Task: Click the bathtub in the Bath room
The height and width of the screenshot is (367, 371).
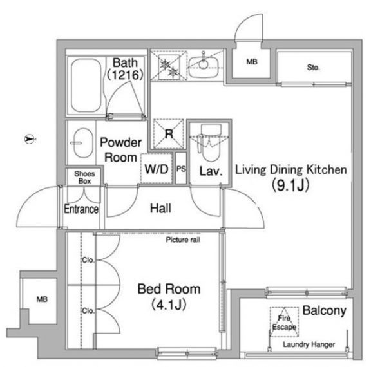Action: pyautogui.click(x=86, y=86)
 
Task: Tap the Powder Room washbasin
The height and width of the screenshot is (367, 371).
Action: pyautogui.click(x=82, y=143)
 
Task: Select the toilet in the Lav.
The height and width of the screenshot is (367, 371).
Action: pyautogui.click(x=210, y=141)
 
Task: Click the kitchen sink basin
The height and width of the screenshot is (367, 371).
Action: pyautogui.click(x=204, y=67)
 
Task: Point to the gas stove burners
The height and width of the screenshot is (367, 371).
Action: pyautogui.click(x=169, y=67)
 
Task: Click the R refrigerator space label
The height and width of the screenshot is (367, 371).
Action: pyautogui.click(x=169, y=134)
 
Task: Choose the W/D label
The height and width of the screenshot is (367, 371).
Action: pyautogui.click(x=157, y=169)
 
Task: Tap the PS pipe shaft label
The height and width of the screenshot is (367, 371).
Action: pyautogui.click(x=181, y=169)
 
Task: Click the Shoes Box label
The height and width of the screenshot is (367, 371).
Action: pyautogui.click(x=84, y=177)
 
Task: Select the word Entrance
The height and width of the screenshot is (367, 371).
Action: pyautogui.click(x=81, y=209)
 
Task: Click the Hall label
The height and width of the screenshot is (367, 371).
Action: pyautogui.click(x=160, y=209)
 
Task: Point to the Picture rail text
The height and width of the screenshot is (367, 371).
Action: pyautogui.click(x=183, y=240)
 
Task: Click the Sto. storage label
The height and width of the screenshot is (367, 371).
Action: pyautogui.click(x=313, y=68)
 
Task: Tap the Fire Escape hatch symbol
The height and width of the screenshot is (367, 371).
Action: pyautogui.click(x=284, y=322)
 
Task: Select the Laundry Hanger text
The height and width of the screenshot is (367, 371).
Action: pyautogui.click(x=309, y=344)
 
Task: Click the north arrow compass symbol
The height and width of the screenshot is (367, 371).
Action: pyautogui.click(x=30, y=139)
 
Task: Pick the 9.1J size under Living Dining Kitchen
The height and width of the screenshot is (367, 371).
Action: pyautogui.click(x=290, y=185)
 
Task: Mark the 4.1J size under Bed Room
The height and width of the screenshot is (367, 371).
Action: pyautogui.click(x=169, y=305)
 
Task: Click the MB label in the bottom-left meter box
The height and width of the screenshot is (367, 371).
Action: pyautogui.click(x=42, y=299)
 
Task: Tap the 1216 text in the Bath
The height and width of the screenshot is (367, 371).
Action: pyautogui.click(x=125, y=75)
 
